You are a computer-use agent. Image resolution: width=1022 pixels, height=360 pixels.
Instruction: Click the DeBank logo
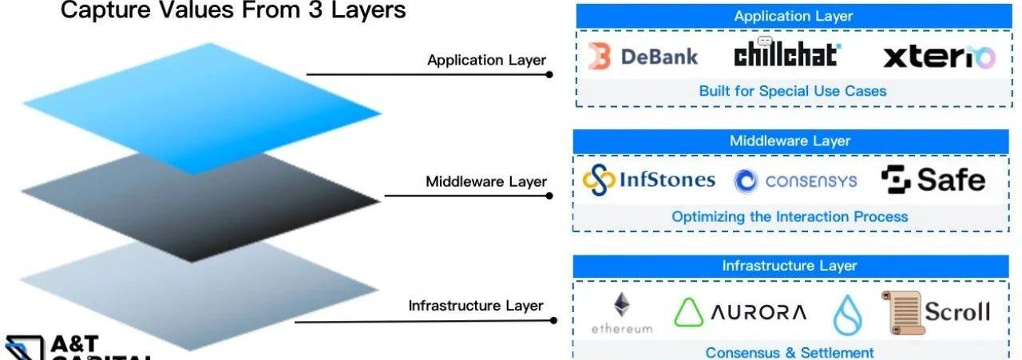[643, 57]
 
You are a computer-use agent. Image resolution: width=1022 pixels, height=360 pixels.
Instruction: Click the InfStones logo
[648, 180]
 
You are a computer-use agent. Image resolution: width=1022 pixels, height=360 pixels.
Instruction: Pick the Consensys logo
[795, 181]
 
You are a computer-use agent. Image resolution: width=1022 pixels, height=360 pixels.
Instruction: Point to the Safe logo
[933, 180]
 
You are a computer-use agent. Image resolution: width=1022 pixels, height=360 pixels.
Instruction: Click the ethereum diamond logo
[621, 311]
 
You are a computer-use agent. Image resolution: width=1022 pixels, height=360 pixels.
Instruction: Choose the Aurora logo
[740, 312]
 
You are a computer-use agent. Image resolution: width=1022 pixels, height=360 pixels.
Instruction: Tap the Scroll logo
[936, 311]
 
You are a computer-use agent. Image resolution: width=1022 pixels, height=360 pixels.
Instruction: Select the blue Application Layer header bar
[793, 16]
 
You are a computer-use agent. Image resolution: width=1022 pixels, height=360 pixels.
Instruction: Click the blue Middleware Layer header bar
[790, 141]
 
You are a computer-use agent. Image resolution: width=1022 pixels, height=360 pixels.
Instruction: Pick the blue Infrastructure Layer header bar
[789, 266]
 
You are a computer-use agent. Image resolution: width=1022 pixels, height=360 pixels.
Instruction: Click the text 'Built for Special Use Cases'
[792, 91]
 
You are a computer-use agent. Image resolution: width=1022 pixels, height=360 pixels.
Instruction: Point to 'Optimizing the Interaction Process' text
[789, 216]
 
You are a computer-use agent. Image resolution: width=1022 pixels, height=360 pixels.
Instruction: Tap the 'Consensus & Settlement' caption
[789, 352]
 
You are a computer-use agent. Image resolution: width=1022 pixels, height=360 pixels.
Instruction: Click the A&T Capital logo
[72, 347]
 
